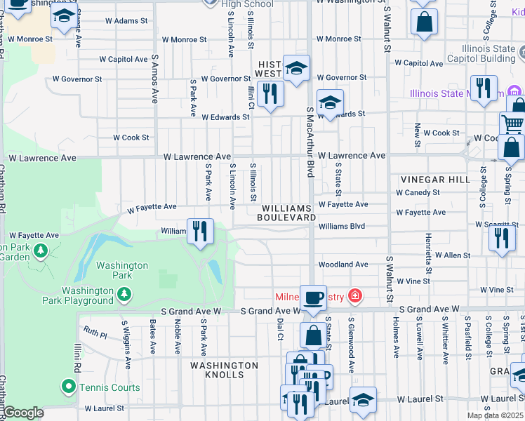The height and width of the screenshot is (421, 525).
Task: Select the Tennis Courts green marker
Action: pos(68,387)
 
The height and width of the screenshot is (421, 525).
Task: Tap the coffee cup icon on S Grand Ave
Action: pos(313,297)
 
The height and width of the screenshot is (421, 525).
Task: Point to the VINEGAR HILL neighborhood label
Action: pos(434,180)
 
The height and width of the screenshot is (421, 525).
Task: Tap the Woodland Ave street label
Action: pos(343,265)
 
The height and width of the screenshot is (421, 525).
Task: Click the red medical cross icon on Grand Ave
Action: pos(355,296)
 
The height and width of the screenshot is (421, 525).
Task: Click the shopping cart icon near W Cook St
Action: pos(513,125)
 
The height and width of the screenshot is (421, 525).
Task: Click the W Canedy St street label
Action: pos(418,192)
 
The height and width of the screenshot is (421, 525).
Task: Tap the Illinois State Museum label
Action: pos(456,93)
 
